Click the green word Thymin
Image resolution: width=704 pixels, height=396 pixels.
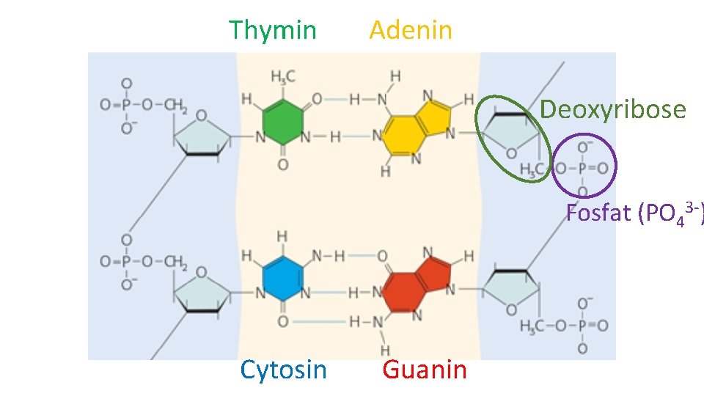pyautogui.click(x=273, y=31)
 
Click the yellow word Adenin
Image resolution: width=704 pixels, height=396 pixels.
pyautogui.click(x=411, y=31)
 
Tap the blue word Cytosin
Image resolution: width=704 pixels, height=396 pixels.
pyautogui.click(x=283, y=370)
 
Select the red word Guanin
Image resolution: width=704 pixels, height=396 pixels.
pyautogui.click(x=425, y=370)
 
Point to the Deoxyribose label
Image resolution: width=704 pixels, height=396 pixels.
pyautogui.click(x=613, y=110)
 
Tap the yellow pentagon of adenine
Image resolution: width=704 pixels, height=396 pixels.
pyautogui.click(x=436, y=113)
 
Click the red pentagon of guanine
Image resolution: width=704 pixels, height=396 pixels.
pyautogui.click(x=436, y=272)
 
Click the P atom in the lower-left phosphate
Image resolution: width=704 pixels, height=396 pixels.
pyautogui.click(x=126, y=261)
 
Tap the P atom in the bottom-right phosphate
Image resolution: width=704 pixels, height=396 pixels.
pyautogui.click(x=583, y=326)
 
